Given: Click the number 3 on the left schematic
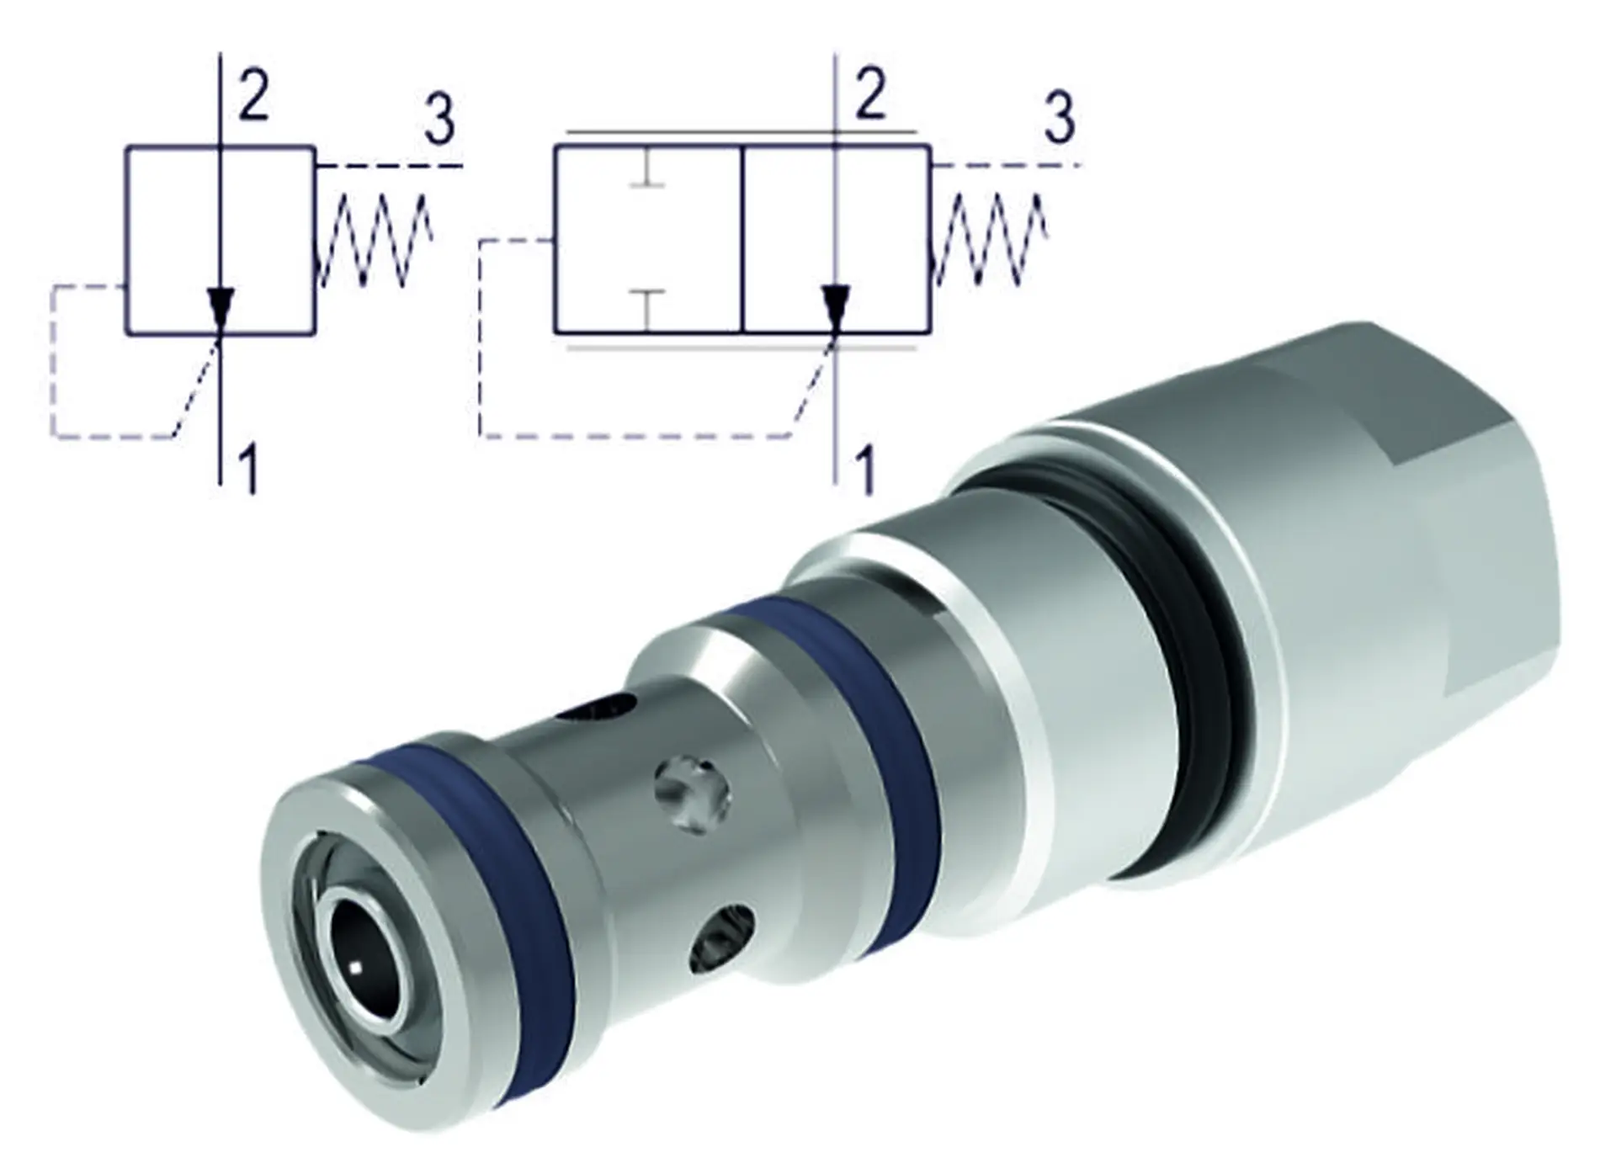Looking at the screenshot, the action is pos(439,119).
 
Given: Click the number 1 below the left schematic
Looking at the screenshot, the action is pos(247,470).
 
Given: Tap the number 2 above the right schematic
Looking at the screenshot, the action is pos(870,94).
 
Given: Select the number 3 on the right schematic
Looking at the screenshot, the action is pos(1059,118).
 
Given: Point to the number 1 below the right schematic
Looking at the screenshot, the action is pos(864,469).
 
